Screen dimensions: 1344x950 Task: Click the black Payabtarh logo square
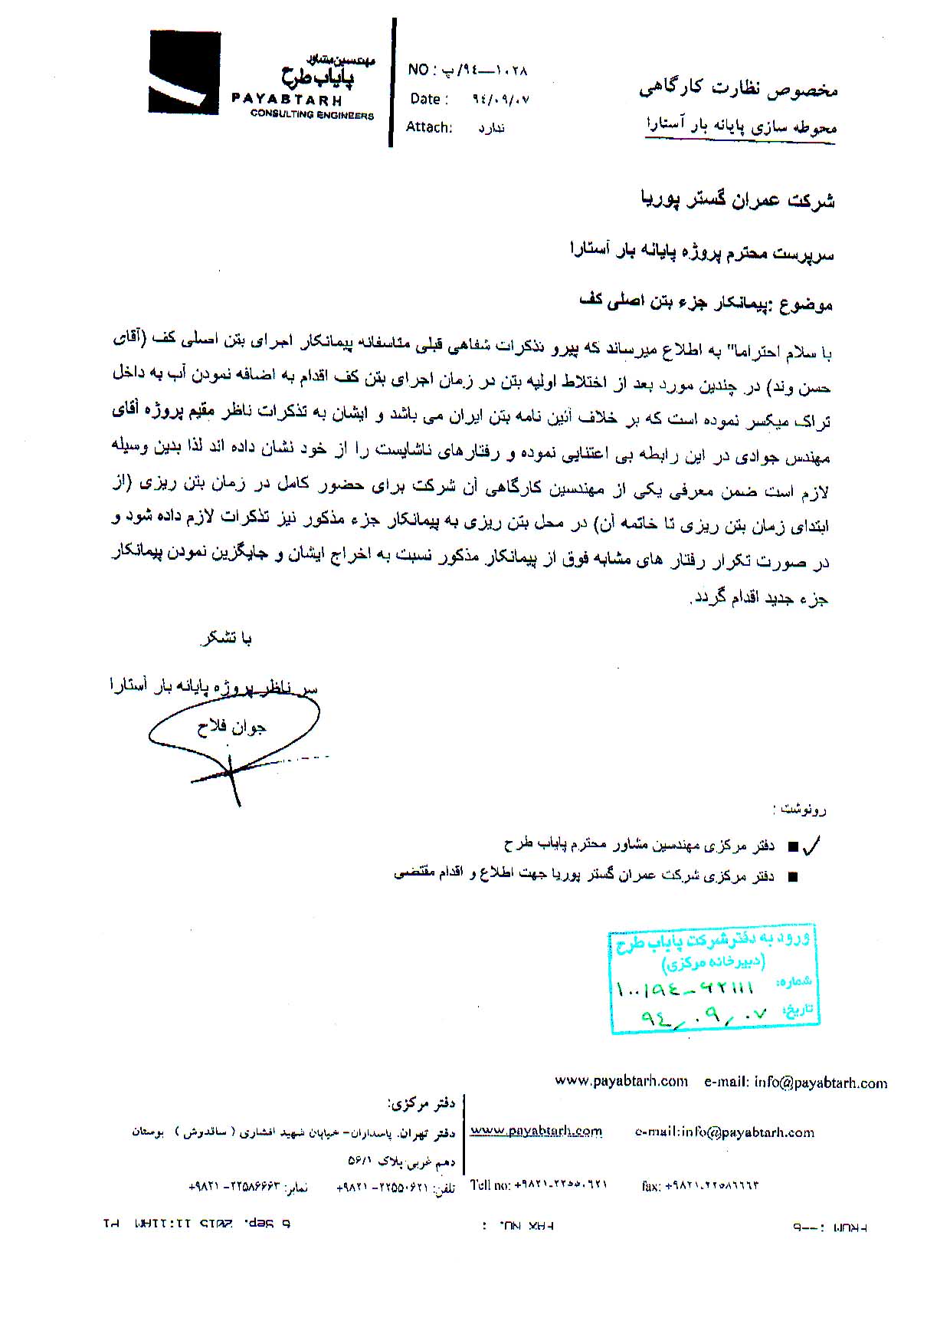point(184,72)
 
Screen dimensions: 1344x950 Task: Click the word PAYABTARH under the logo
point(287,100)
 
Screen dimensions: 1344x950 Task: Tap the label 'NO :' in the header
point(421,71)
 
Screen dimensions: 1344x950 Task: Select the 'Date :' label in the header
point(425,99)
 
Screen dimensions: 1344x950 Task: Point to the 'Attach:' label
point(429,127)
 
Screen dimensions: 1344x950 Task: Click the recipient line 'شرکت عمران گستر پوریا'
point(737,201)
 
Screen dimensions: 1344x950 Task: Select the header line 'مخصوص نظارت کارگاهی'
point(739,90)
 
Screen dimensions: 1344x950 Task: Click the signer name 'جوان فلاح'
point(232,727)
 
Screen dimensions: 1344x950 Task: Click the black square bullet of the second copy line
point(792,876)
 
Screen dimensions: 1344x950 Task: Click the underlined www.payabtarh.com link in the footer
point(536,1131)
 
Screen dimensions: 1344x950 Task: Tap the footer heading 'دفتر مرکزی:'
point(422,1104)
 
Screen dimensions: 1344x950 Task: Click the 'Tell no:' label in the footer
point(490,1185)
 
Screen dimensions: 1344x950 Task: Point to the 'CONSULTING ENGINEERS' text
point(312,115)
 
